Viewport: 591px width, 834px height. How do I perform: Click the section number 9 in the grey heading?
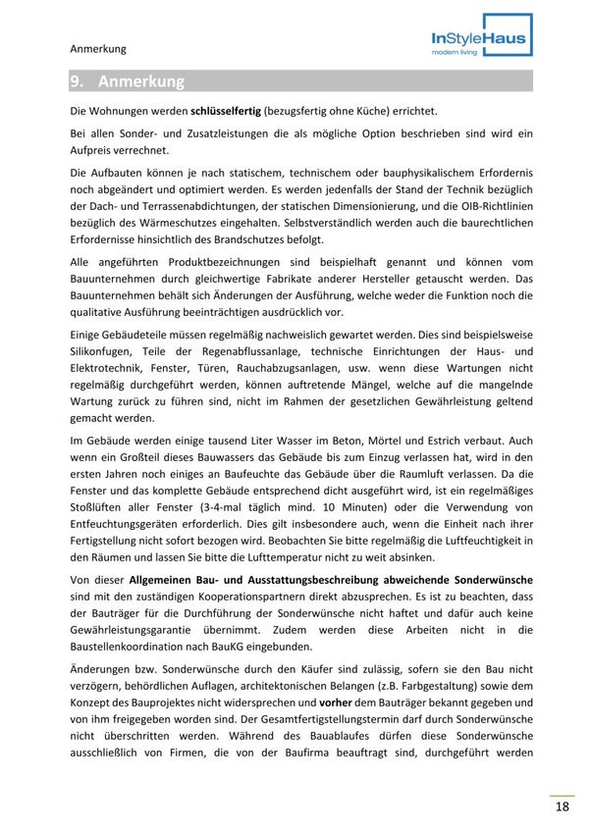(77, 81)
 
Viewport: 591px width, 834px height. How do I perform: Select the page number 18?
(562, 807)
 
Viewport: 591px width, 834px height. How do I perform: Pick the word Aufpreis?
(96, 150)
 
